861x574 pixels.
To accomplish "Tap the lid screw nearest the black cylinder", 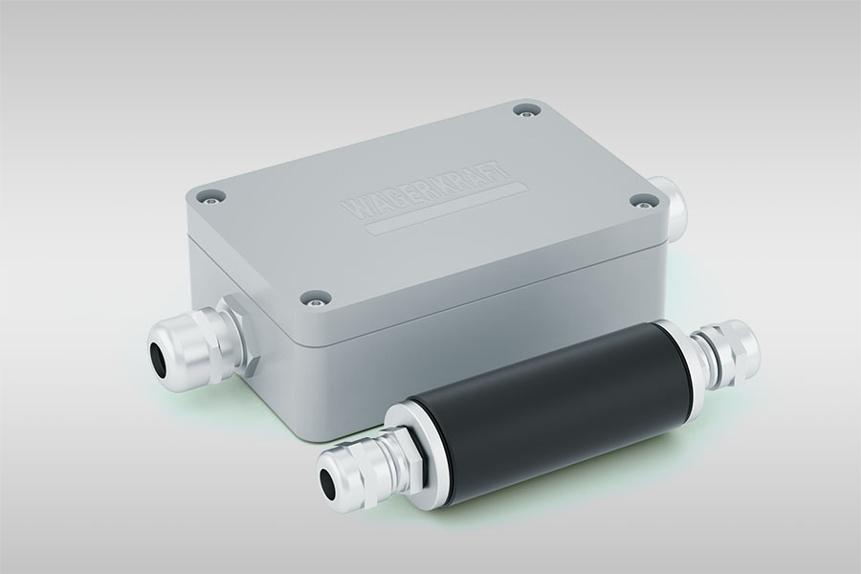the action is pos(315,299).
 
